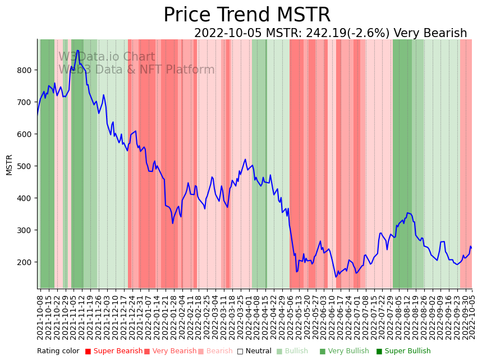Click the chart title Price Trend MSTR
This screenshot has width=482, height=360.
(247, 15)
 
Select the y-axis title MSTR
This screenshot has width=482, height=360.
(10, 165)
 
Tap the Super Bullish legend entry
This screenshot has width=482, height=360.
(403, 352)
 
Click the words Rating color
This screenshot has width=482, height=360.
(58, 352)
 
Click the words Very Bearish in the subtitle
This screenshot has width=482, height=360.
(430, 34)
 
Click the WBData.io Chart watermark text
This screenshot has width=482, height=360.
(107, 57)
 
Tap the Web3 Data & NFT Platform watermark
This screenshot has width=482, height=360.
(136, 70)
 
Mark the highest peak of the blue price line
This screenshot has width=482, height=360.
(78, 51)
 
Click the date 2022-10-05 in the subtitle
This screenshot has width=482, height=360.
(228, 34)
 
